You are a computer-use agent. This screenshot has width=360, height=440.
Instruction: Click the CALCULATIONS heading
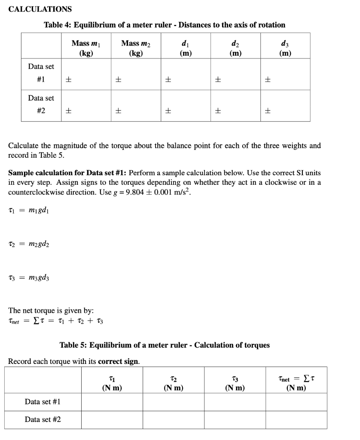click(40, 9)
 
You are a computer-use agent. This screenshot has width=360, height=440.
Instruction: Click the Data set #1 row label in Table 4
click(41, 73)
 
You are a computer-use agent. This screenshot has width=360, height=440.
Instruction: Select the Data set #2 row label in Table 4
click(41, 104)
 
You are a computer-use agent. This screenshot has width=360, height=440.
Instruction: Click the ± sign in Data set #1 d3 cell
click(268, 79)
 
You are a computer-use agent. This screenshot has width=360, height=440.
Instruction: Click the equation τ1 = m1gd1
click(29, 209)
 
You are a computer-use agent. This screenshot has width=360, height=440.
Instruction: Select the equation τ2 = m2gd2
click(29, 244)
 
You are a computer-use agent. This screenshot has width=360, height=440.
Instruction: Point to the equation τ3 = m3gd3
click(29, 278)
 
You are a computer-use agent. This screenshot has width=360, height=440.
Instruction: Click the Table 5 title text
click(165, 345)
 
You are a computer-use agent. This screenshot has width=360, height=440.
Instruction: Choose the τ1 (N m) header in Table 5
click(112, 384)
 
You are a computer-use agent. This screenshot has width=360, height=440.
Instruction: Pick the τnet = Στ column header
click(296, 384)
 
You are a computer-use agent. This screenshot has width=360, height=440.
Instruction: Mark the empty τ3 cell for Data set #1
click(235, 402)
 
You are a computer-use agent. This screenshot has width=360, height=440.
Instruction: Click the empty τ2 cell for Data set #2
click(174, 419)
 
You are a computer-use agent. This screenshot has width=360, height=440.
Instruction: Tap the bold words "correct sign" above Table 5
click(119, 361)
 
